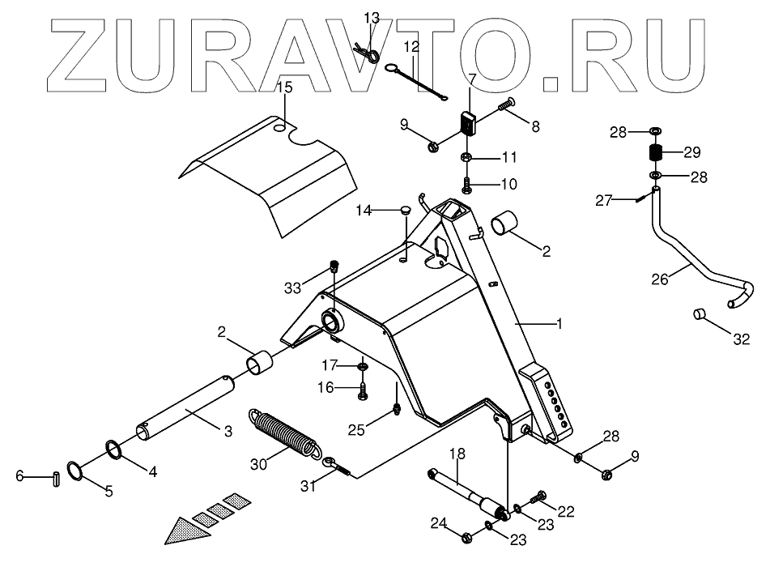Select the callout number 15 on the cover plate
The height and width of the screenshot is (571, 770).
pos(283,87)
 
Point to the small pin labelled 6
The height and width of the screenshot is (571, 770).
pos(56,478)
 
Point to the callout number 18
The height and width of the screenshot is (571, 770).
pos(457,454)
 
